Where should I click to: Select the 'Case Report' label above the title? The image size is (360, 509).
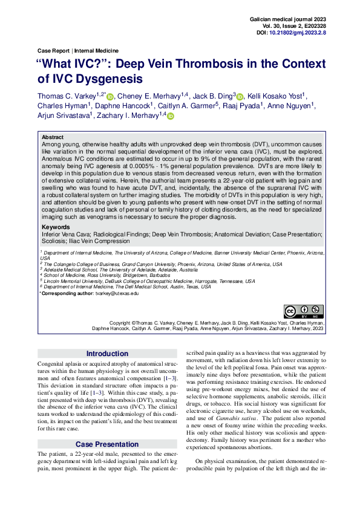(53, 51)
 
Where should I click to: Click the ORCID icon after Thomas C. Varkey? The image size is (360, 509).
(110, 97)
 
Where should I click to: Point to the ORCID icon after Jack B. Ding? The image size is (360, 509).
(240, 97)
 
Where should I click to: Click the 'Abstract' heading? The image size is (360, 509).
(53, 138)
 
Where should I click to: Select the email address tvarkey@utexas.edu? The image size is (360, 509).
(117, 293)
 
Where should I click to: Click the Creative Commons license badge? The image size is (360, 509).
(305, 311)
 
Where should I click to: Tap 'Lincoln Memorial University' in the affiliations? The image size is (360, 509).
(76, 281)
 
